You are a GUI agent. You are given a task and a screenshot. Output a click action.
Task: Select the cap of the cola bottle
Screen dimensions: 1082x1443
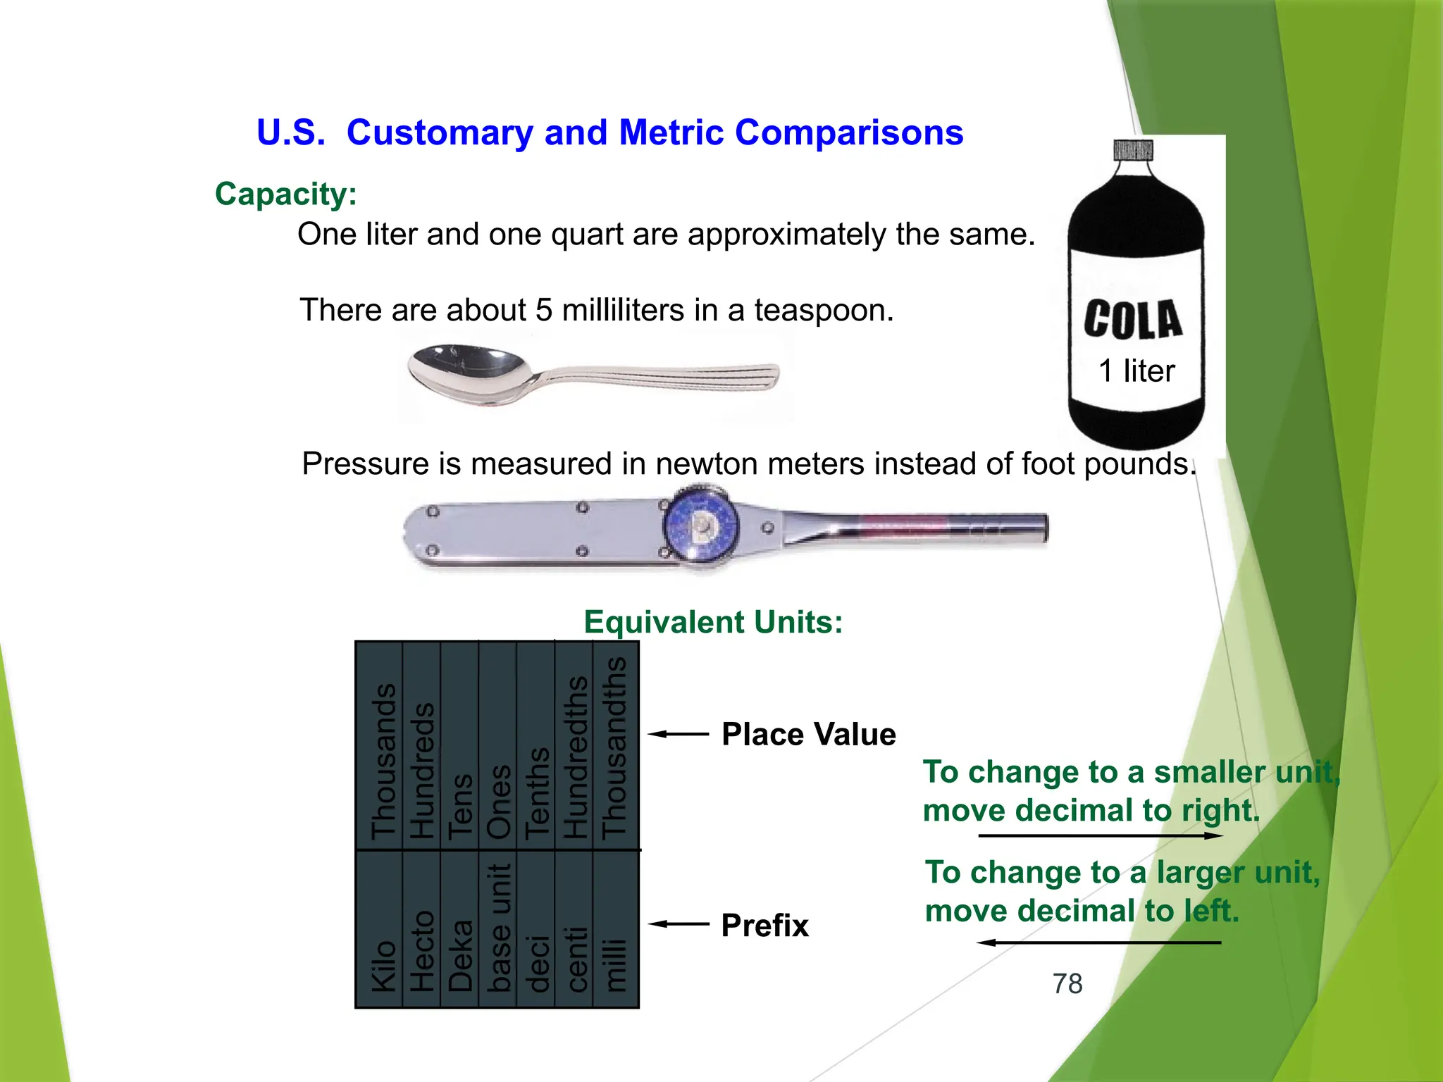1133,150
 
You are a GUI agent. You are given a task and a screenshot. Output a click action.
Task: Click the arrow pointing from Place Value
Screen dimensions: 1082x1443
678,734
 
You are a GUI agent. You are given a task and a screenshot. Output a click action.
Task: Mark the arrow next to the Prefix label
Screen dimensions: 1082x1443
678,924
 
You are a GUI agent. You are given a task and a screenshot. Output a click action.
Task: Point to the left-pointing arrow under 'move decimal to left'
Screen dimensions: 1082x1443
1099,942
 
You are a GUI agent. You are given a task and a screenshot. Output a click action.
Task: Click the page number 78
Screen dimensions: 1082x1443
1067,983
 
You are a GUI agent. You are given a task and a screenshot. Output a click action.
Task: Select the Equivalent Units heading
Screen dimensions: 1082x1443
713,622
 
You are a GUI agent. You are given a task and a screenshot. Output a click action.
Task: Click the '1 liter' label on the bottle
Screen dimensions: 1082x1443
1137,371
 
